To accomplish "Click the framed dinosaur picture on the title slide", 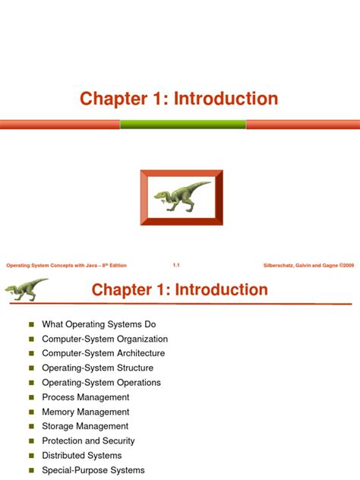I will tap(181, 197).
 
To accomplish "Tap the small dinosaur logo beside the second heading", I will tap(26, 289).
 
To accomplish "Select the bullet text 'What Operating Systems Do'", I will tap(99, 324).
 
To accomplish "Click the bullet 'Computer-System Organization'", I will tap(105, 339).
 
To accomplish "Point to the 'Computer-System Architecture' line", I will tap(103, 353).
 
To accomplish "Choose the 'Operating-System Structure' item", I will tap(96, 368).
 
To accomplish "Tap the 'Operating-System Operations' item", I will tap(101, 383).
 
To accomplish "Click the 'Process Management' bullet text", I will tap(86, 397).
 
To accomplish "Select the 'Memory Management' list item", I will tap(85, 412).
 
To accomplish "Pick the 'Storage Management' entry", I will tap(85, 426).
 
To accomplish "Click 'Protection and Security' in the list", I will tap(88, 441).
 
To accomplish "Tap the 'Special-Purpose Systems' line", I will tap(93, 470).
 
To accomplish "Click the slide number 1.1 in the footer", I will tap(175, 265).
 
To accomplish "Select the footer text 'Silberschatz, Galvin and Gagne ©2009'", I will tap(307, 265).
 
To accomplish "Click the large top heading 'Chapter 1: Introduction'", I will tap(180, 99).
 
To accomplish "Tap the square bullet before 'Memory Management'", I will tap(32, 412).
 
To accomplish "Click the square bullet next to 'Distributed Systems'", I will tap(32, 456).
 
